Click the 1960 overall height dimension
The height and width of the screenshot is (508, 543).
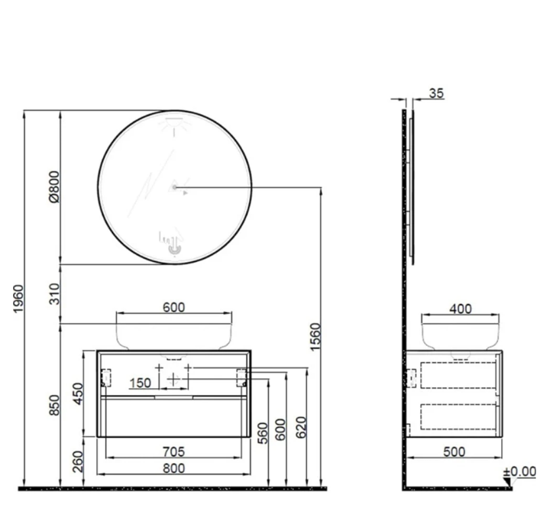click(x=18, y=299)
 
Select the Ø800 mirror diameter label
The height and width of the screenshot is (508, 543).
click(x=54, y=186)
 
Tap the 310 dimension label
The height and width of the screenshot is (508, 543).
click(x=54, y=293)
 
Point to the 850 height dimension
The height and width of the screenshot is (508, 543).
click(x=54, y=405)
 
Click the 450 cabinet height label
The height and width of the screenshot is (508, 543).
click(x=78, y=393)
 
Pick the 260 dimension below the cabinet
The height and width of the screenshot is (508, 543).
click(x=78, y=461)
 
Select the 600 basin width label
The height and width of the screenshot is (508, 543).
click(x=174, y=307)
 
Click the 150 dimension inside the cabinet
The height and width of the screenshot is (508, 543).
click(x=141, y=383)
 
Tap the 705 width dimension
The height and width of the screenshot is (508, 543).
click(x=174, y=451)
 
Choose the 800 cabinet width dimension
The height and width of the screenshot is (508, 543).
click(x=174, y=468)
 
